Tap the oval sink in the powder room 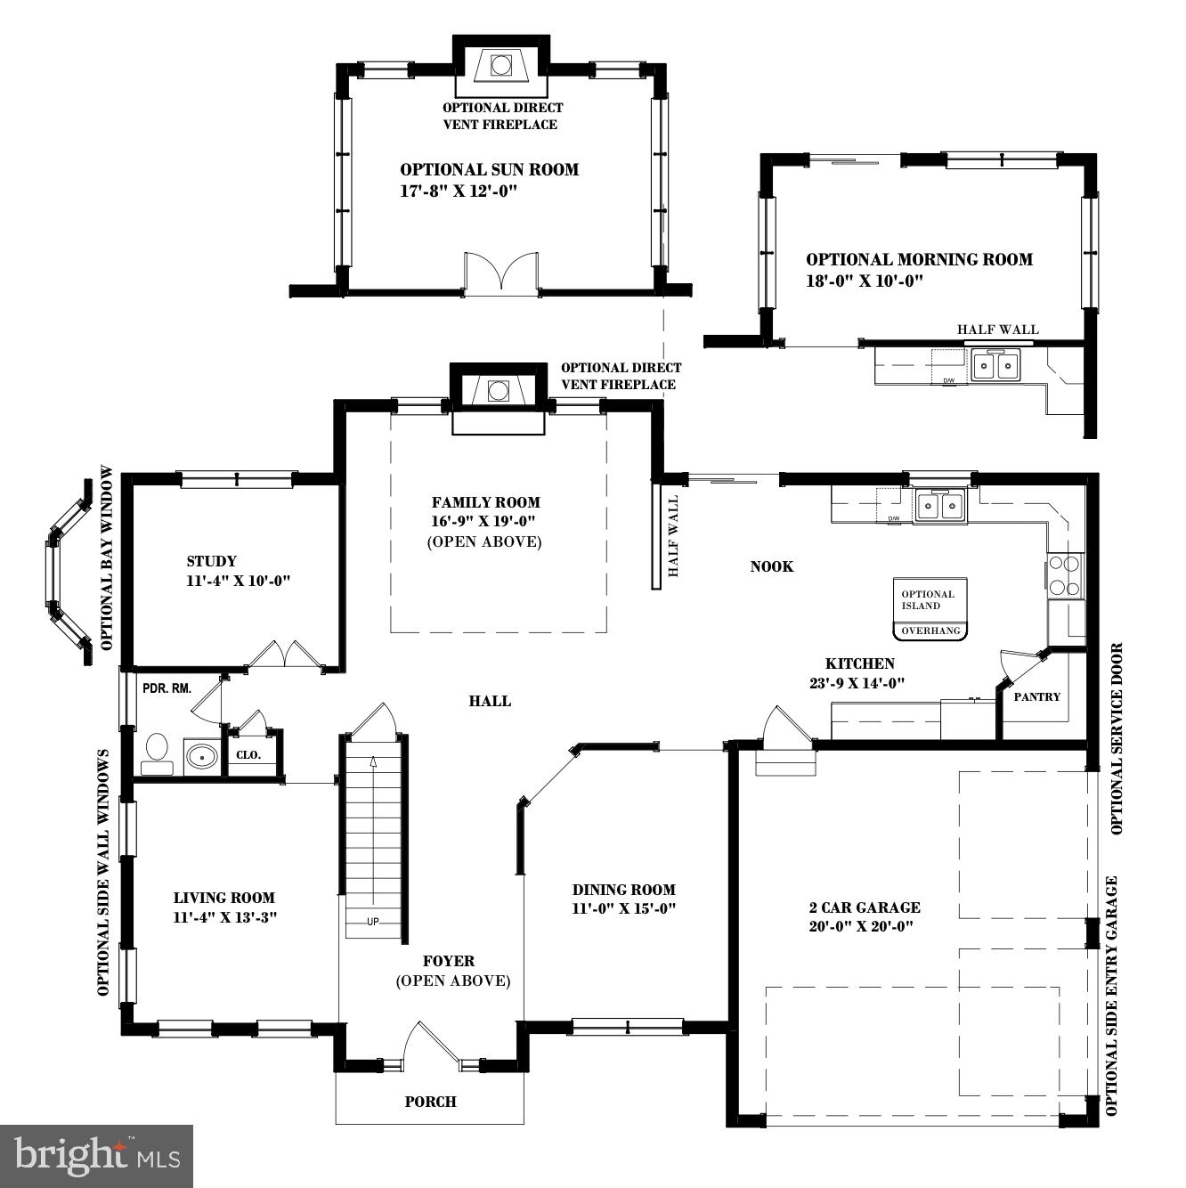tap(202, 757)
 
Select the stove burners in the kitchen tap(1064, 574)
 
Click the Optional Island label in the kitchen tap(928, 600)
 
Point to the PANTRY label tap(1037, 696)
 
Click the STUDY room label tap(212, 561)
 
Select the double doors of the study tap(285, 655)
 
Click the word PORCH tap(430, 1102)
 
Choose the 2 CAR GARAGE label tap(864, 907)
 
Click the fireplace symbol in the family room tap(499, 390)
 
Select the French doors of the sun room tap(501, 273)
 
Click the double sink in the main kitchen tap(939, 506)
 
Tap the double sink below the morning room tap(996, 366)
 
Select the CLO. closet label tap(248, 754)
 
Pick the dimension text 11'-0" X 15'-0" tap(623, 909)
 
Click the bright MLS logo tap(97, 1156)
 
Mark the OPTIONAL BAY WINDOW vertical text tap(108, 557)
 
